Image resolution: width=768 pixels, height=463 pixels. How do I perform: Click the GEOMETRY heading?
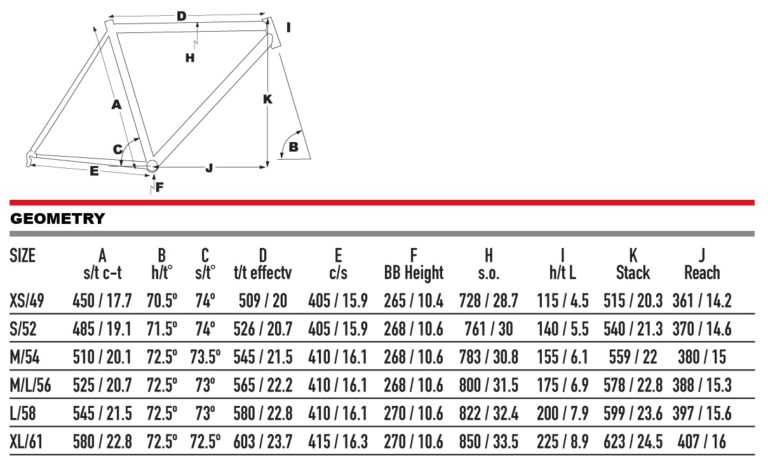[58, 218]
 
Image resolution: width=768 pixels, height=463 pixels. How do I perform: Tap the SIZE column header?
[23, 256]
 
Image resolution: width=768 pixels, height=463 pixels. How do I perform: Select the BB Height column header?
[414, 273]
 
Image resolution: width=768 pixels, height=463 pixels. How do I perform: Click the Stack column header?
[633, 273]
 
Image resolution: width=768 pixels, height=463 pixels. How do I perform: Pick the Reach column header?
[702, 273]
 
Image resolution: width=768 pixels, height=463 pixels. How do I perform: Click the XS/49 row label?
[27, 301]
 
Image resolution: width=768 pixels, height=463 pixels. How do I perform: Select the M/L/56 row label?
[30, 386]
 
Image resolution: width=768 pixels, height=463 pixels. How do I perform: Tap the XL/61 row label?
[26, 441]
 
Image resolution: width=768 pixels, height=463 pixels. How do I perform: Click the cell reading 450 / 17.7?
[102, 301]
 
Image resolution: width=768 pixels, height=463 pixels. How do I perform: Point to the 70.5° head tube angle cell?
[162, 301]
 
